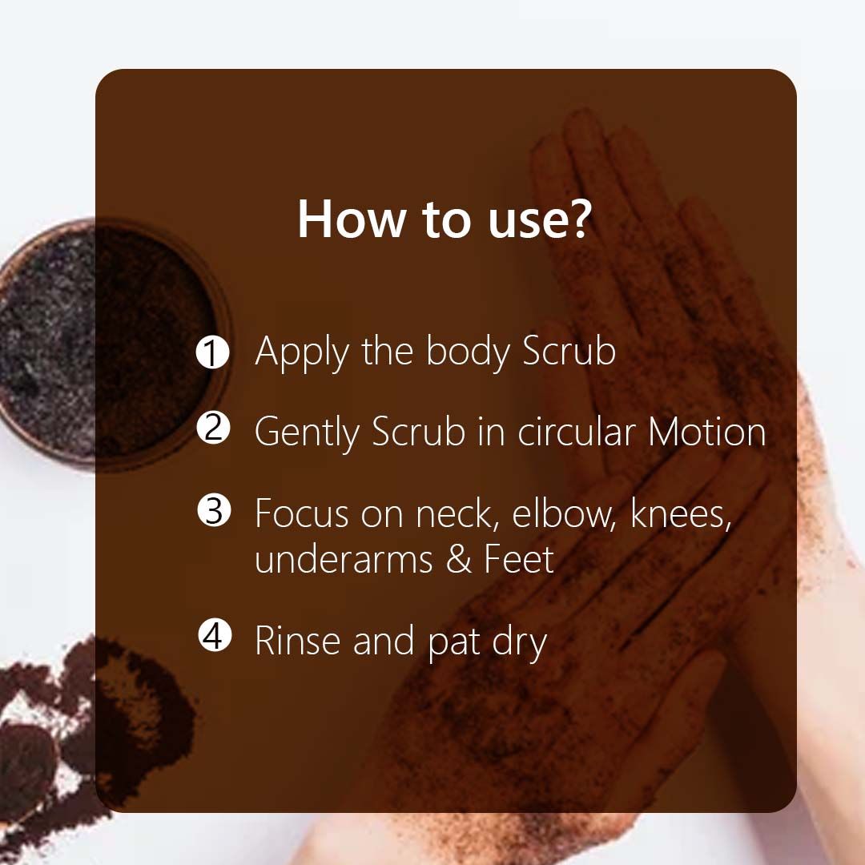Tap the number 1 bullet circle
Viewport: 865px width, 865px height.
[213, 352]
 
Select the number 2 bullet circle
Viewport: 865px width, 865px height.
[213, 429]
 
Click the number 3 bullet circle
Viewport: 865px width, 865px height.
[213, 511]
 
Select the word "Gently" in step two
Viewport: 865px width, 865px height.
[307, 433]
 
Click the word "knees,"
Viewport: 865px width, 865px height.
[681, 513]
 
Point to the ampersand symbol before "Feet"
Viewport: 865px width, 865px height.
[459, 559]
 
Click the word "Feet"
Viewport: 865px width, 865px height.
[518, 559]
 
